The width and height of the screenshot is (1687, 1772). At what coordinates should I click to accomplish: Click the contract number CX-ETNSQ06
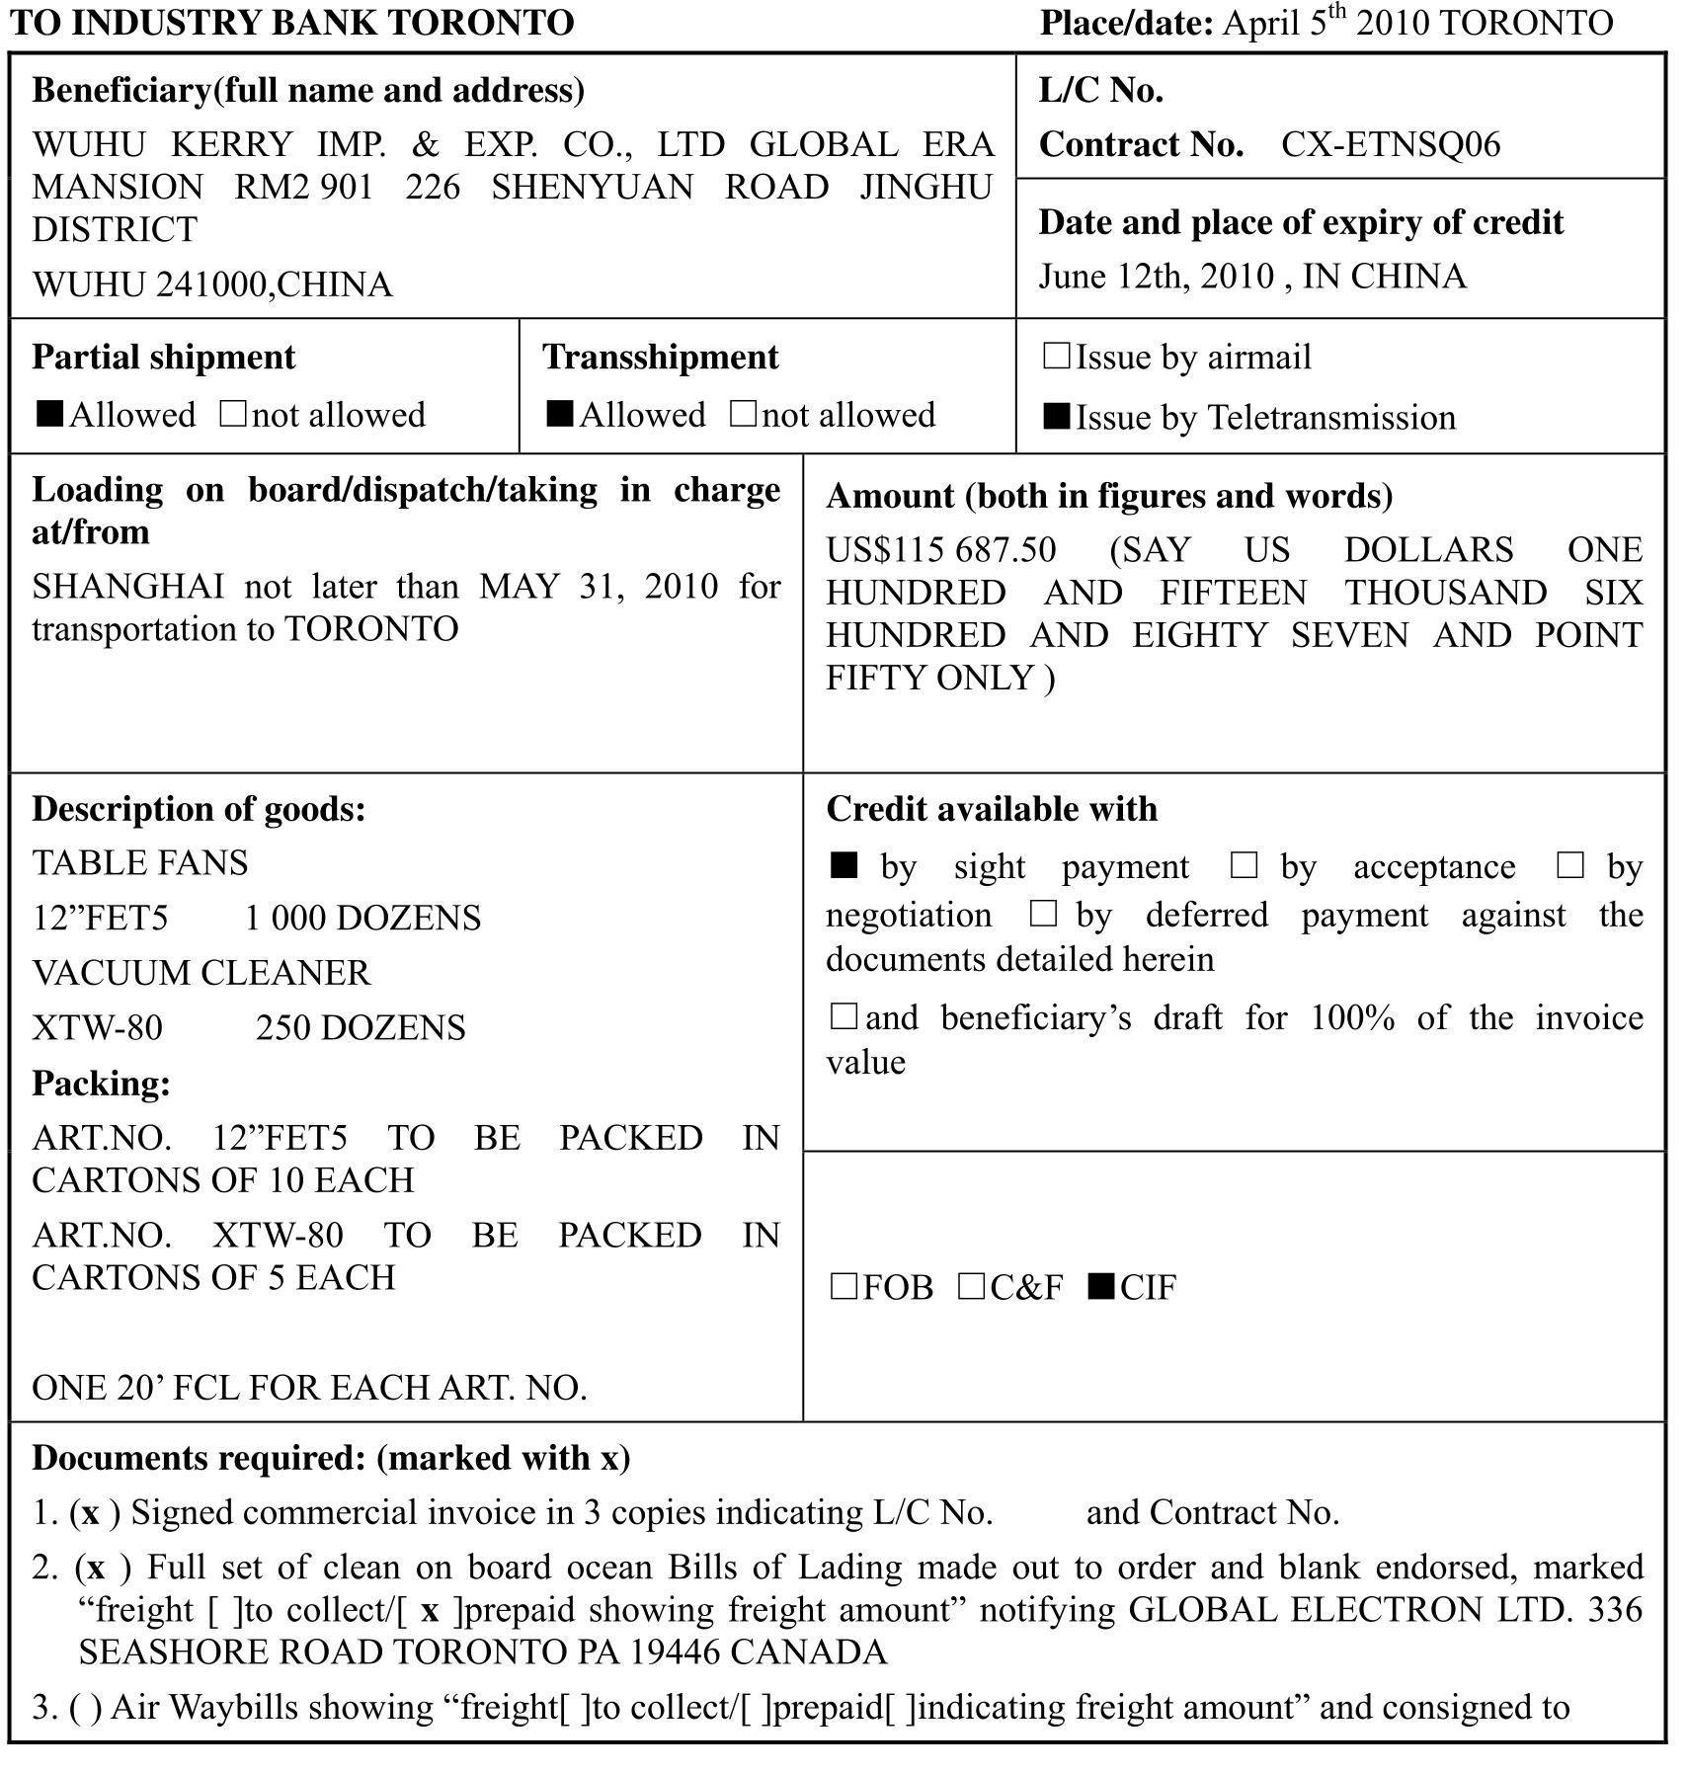1390,145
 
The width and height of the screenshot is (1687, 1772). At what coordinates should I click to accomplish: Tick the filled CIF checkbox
1100,1286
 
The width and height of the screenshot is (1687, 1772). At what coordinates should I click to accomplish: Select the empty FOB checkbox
843,1286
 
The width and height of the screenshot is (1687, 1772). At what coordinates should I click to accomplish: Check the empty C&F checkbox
971,1286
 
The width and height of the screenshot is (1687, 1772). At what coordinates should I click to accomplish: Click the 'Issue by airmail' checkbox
1056,357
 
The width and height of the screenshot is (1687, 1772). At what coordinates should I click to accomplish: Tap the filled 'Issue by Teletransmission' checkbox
1056,417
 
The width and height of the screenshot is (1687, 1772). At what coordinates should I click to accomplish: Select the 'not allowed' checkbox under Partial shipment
233,414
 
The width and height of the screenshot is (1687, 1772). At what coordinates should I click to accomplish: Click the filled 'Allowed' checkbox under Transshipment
559,414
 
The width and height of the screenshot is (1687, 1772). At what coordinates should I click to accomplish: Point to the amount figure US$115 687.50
940,549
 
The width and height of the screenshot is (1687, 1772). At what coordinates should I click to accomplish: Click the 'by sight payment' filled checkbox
843,866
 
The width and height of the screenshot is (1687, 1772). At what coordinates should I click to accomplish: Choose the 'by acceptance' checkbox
1244,866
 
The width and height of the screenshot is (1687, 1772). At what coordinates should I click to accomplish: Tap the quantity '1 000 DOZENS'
362,918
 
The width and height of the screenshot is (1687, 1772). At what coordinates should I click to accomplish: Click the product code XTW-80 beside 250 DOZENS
97,1027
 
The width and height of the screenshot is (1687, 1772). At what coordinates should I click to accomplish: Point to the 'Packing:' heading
101,1084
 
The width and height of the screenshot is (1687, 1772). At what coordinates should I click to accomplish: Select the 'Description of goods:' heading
199,809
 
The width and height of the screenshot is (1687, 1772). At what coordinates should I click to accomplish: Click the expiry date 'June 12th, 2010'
1156,276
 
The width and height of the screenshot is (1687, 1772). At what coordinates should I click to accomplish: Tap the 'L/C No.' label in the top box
1100,90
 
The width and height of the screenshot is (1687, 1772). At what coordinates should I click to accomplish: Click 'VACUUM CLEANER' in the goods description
201,973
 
